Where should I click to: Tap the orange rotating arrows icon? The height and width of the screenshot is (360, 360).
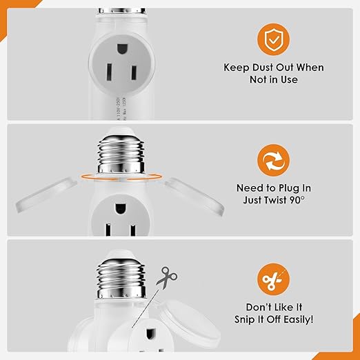[x=274, y=161]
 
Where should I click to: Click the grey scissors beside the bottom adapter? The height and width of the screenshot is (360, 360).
[x=166, y=278]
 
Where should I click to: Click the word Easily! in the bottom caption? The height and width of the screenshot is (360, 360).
[x=296, y=319]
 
